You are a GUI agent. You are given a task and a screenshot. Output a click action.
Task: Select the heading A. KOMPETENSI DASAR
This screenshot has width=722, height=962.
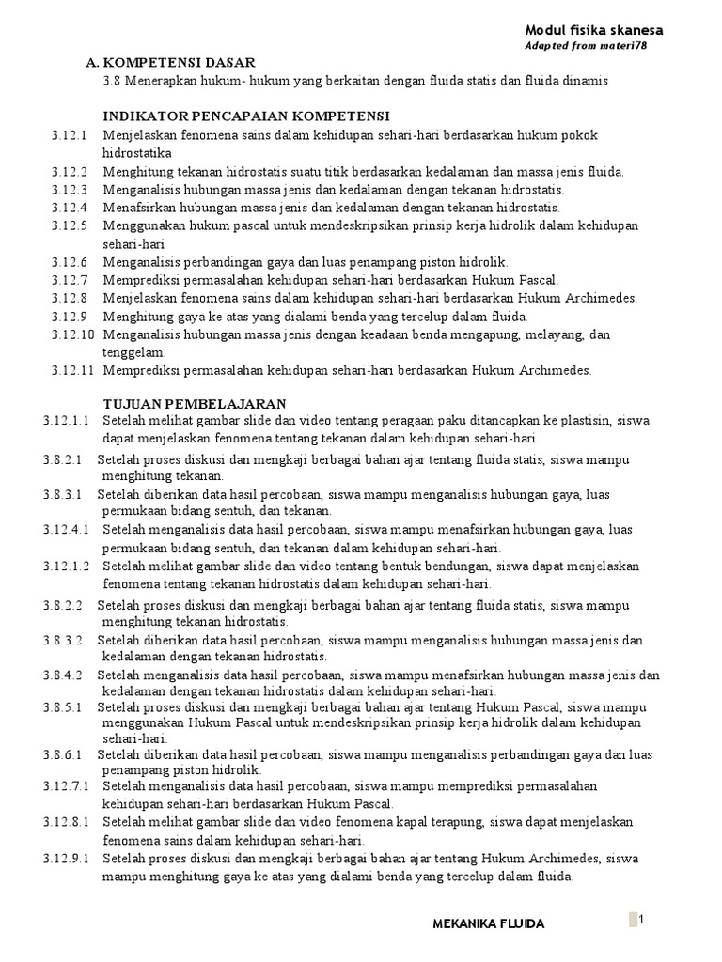(x=169, y=63)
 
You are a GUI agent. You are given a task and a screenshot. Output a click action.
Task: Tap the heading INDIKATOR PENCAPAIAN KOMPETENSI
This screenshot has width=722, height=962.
(x=246, y=116)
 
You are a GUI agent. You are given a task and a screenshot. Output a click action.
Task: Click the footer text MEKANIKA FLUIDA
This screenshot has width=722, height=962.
(x=488, y=924)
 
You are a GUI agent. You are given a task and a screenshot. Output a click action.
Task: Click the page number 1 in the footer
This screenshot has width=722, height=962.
(x=640, y=920)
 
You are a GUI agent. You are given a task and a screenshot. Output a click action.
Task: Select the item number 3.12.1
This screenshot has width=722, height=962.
(x=70, y=135)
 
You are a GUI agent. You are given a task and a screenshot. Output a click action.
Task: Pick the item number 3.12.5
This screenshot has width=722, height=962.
(x=70, y=225)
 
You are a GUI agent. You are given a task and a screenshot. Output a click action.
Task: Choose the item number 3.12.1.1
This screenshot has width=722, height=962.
(x=66, y=420)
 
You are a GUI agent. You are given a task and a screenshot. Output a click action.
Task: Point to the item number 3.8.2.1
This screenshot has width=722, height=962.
(x=63, y=460)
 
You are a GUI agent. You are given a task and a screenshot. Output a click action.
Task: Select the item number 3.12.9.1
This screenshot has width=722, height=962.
(x=66, y=859)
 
